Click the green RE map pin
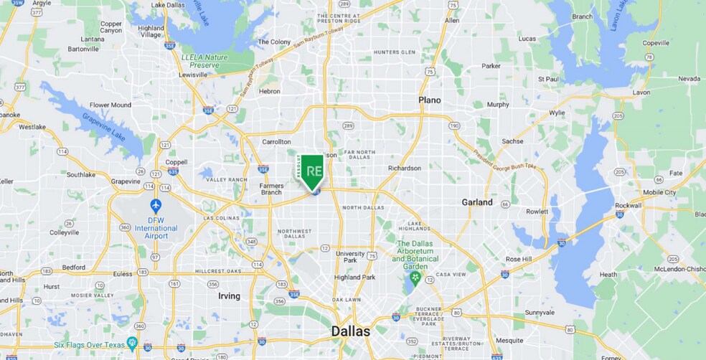[313, 171]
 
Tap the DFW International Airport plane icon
[156, 205]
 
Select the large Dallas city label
[350, 331]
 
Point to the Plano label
[430, 100]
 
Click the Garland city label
[476, 202]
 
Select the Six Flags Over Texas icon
[132, 343]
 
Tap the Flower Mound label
[110, 105]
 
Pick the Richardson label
[404, 169]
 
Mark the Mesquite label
[510, 341]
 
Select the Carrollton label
[276, 142]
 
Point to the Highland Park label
[354, 278]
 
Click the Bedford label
[75, 267]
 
